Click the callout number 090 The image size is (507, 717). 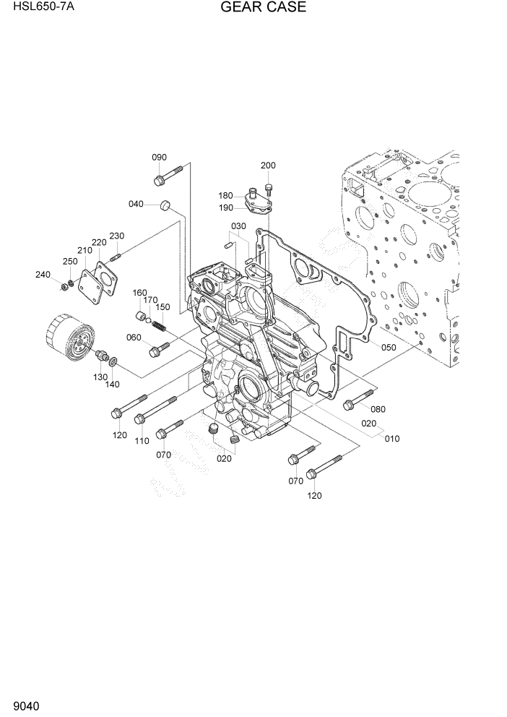(159, 158)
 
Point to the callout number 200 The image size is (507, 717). (268, 166)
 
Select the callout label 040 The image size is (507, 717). (136, 204)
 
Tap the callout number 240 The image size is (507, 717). (43, 274)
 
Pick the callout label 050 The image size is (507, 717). (389, 348)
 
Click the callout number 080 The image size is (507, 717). (378, 409)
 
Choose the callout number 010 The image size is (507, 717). (391, 439)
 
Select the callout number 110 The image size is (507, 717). (142, 441)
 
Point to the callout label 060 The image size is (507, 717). (134, 338)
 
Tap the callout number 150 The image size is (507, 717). (163, 307)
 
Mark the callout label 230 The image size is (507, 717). (117, 236)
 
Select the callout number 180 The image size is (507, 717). (226, 195)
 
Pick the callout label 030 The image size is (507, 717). (239, 226)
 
